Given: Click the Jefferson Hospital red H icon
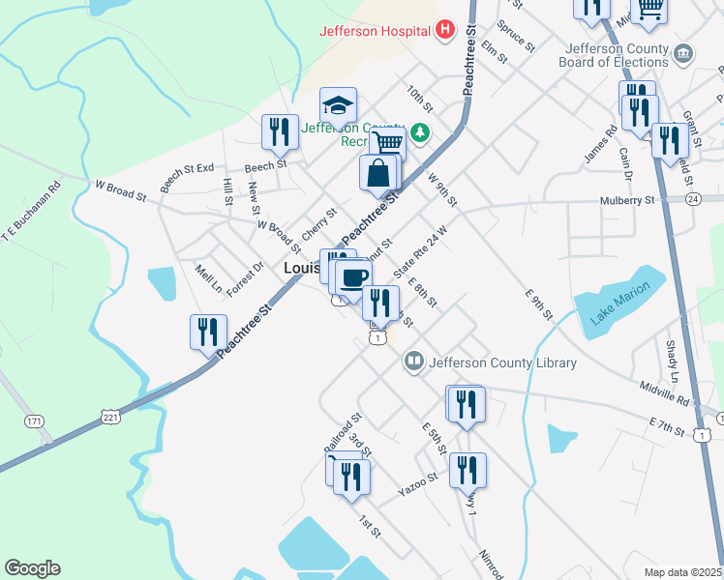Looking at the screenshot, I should [445, 30].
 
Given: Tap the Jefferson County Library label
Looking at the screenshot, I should [502, 363].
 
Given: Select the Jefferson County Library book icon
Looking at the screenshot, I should [414, 362].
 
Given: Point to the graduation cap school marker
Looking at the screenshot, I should [339, 104].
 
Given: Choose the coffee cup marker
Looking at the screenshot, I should [353, 277].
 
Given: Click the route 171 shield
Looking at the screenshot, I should [35, 421].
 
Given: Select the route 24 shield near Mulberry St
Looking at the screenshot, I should [691, 198].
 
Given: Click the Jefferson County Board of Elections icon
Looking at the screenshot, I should [684, 52].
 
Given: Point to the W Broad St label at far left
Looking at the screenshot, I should [119, 189].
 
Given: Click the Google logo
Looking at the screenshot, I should [32, 568].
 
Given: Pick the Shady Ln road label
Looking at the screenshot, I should [672, 360].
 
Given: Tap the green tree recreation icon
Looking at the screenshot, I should [420, 130].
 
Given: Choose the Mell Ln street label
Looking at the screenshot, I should [208, 277].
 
